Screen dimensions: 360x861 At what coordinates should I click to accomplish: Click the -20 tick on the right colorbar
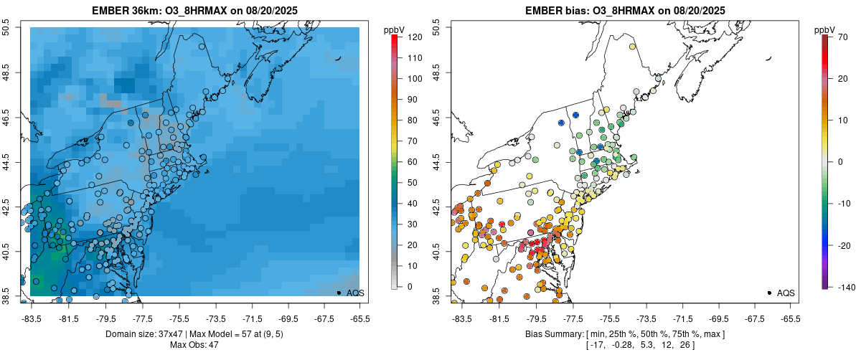tap(837, 245)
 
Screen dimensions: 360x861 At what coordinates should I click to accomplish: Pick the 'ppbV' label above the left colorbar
tap(395, 29)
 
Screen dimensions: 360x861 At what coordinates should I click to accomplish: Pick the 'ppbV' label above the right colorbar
tap(825, 29)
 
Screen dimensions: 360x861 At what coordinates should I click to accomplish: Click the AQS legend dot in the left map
tap(339, 293)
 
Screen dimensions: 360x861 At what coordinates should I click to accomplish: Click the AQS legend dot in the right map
tap(769, 293)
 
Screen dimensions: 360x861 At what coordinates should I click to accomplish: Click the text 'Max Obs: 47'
tap(194, 345)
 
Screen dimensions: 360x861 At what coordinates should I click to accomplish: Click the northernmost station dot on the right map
tap(633, 47)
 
